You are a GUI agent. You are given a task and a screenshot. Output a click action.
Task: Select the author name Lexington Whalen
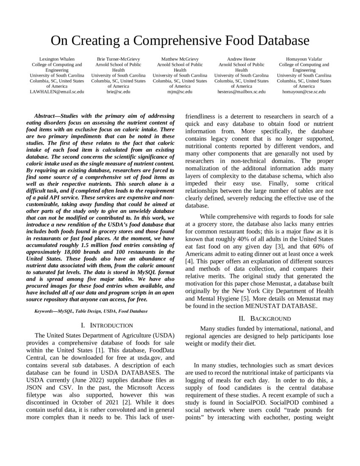[x=57, y=59]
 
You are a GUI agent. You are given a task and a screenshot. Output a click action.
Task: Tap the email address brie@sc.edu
[x=118, y=92]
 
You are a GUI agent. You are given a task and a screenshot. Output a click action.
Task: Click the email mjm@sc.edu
[x=180, y=92]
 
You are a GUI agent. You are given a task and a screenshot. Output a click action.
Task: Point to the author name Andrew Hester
[x=241, y=59]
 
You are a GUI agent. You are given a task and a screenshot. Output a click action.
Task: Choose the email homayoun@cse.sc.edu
[x=304, y=92]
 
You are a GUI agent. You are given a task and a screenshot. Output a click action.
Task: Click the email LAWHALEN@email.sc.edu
[x=57, y=92]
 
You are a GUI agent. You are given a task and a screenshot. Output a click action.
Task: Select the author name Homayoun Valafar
[x=304, y=59]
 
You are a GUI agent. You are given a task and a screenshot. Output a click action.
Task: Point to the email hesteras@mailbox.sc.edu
[x=241, y=92]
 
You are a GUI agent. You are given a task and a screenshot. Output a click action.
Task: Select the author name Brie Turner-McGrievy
[x=118, y=59]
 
